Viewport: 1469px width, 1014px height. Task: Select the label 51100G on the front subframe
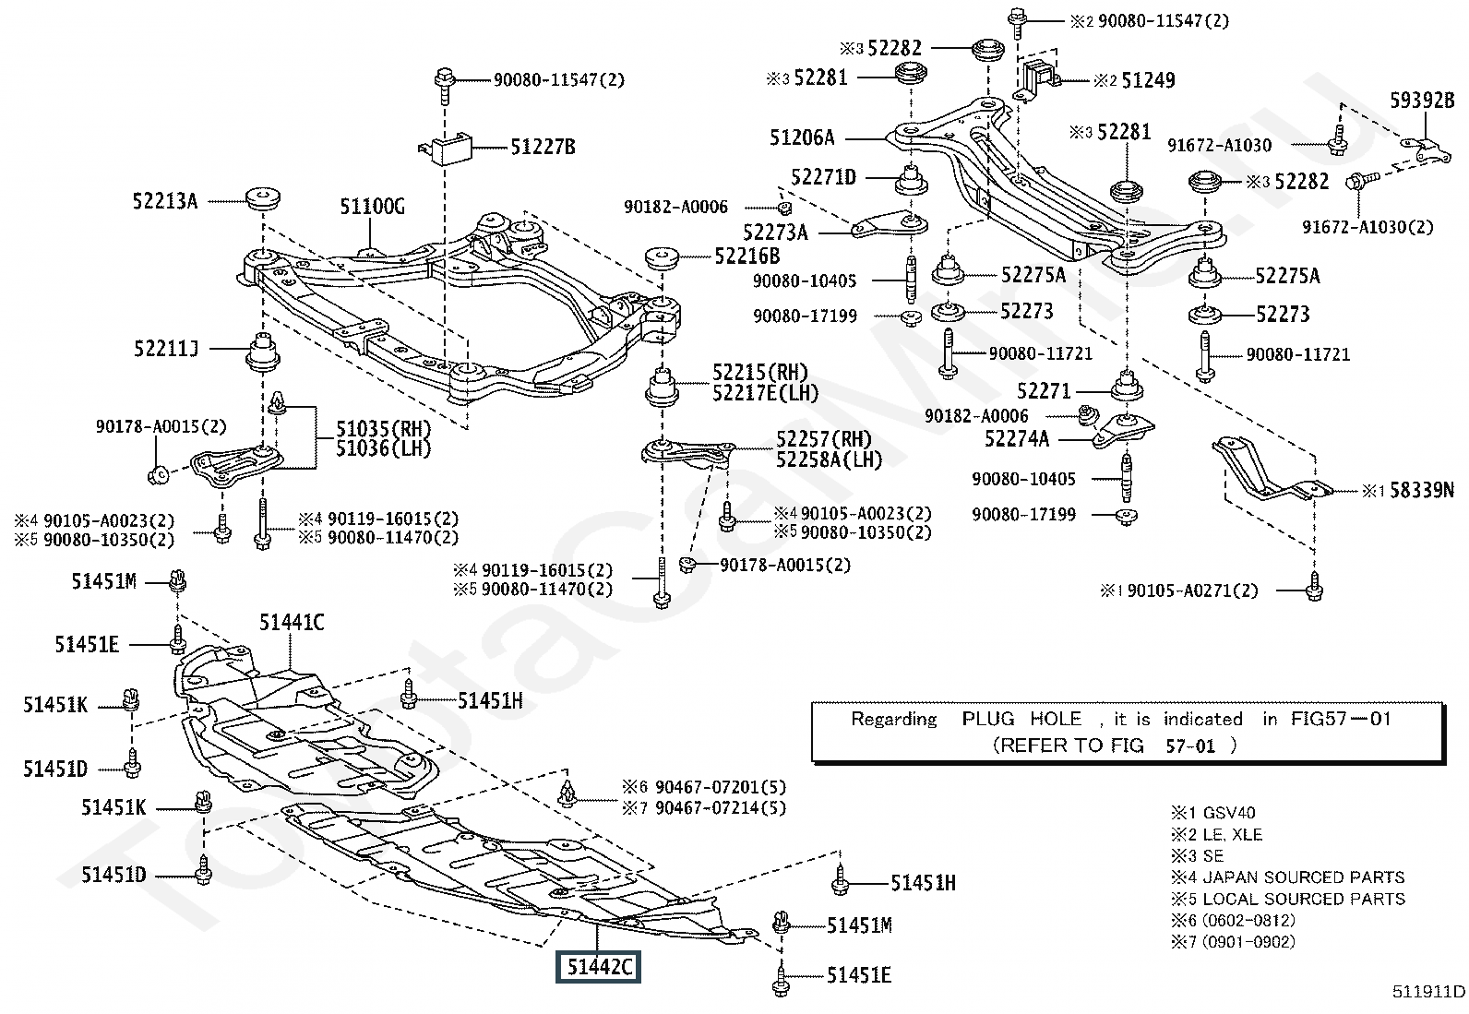(372, 206)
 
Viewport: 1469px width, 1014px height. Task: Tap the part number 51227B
(543, 147)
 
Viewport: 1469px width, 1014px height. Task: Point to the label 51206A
(802, 137)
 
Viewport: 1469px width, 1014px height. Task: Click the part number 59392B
(1422, 101)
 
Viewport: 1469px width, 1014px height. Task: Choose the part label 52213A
(165, 200)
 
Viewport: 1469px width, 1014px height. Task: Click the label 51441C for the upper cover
(292, 623)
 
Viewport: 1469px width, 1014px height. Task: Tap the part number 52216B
(746, 256)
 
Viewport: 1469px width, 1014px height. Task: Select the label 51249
(1148, 81)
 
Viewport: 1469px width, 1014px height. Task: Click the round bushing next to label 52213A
(263, 197)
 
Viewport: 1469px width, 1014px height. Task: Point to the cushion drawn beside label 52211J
(262, 352)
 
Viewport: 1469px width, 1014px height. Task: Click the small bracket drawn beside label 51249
(1040, 75)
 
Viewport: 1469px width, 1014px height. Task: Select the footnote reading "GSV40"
(1226, 813)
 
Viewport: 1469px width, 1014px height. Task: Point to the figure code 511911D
(1428, 992)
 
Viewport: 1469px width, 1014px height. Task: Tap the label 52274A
(1017, 439)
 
